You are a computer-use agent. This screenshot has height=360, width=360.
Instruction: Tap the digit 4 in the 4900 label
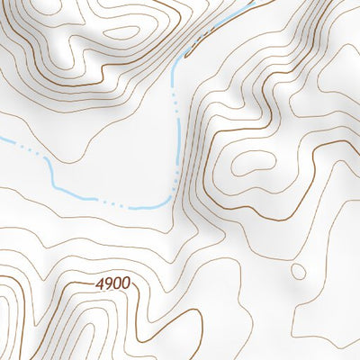point(99,283)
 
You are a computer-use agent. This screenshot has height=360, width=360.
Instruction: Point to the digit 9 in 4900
point(108,283)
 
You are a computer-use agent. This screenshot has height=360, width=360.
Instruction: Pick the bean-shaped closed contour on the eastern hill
point(254,162)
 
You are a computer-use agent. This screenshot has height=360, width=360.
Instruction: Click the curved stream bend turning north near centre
point(166,196)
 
